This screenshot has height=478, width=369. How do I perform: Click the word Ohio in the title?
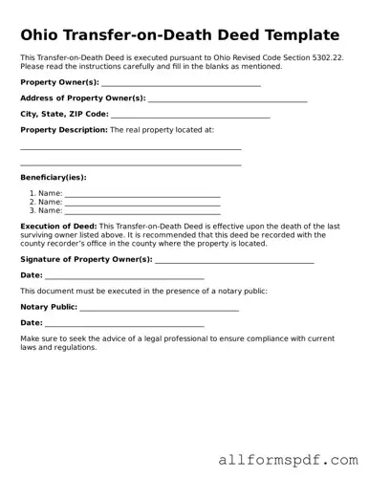pos(40,35)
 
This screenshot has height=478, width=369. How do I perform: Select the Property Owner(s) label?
pos(53,83)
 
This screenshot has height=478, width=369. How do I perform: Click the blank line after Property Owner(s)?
pos(174,85)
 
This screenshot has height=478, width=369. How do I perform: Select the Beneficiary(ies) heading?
pos(54,177)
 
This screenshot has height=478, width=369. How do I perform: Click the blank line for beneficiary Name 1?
pos(142,195)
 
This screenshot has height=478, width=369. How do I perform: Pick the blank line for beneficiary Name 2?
pos(142,204)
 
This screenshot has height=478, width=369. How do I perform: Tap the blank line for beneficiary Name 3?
pos(142,212)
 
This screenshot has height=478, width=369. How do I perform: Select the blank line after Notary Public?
pos(159,309)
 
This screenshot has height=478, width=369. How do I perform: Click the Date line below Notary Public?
pos(124,325)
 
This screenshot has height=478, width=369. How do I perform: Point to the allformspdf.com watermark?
pos(287,460)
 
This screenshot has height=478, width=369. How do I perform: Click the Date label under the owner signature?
pos(32,275)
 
